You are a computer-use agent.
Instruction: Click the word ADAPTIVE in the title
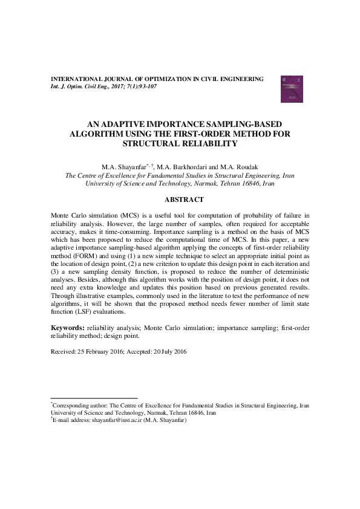pyautogui.click(x=125, y=122)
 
